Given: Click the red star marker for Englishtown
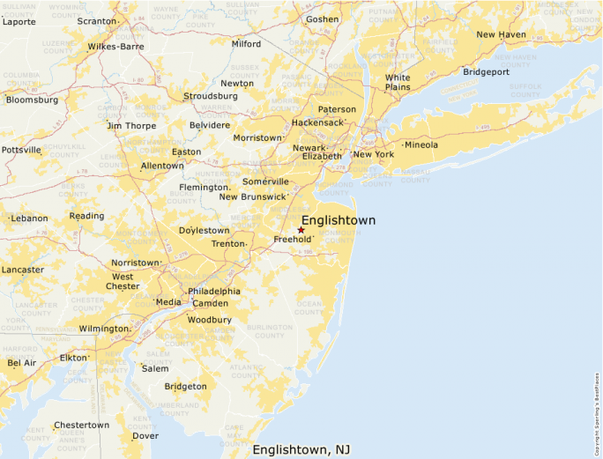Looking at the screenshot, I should (301, 230).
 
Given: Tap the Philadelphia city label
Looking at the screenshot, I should (213, 291).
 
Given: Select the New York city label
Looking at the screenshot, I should (373, 154).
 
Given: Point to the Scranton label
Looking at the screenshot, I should (96, 20).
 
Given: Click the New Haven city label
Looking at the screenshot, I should (501, 34).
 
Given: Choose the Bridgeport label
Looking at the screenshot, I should (486, 71).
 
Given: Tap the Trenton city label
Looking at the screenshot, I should (227, 243).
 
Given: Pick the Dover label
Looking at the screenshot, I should (145, 435).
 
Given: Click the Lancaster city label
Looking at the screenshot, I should (23, 270).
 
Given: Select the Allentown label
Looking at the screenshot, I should (162, 166).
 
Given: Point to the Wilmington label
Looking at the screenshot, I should (103, 329).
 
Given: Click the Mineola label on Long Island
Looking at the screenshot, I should (421, 144).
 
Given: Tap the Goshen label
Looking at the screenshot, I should (322, 19).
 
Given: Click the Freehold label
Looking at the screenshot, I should (291, 239).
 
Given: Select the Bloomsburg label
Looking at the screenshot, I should (32, 100).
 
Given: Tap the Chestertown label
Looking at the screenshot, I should (81, 425).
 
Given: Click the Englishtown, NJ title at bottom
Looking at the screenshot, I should (301, 449).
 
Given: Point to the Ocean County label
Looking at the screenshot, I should (309, 307).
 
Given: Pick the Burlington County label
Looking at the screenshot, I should (270, 330).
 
